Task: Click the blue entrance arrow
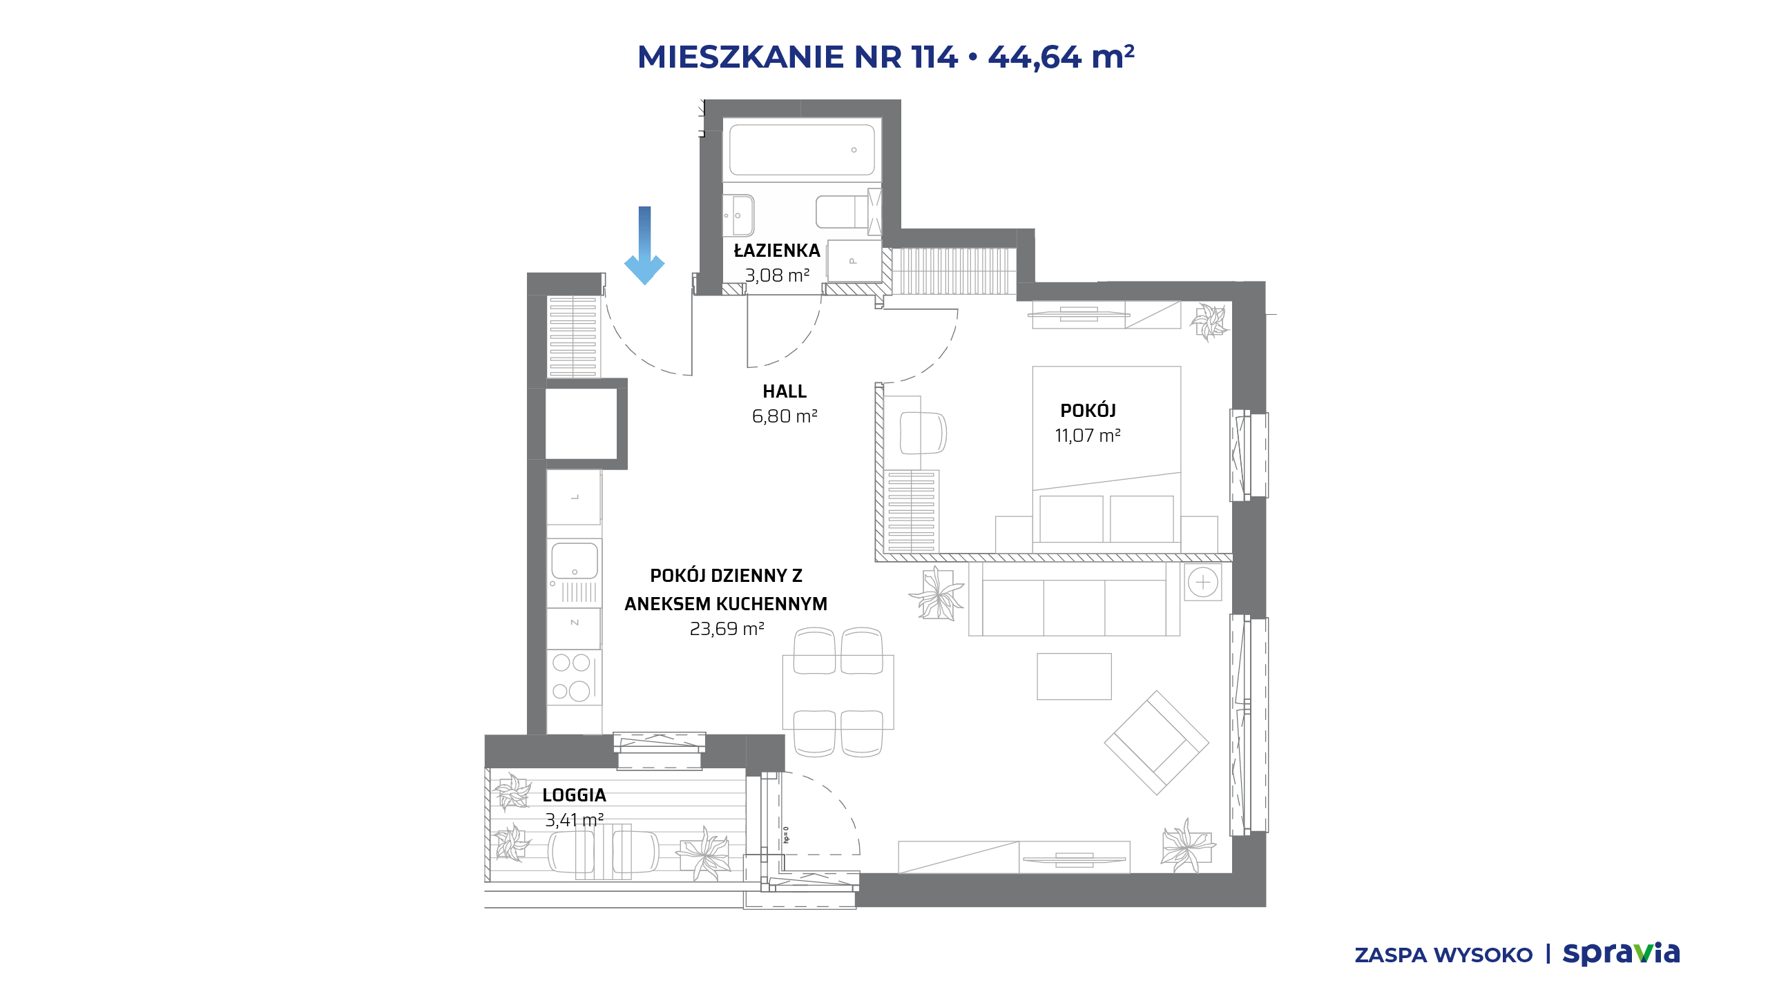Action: click(x=644, y=245)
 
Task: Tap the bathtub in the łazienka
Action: click(x=802, y=150)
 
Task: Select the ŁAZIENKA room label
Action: click(x=777, y=251)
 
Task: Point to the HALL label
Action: click(x=785, y=391)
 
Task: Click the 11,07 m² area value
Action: click(x=1088, y=436)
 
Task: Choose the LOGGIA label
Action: click(x=575, y=795)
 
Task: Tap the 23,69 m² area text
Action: click(x=727, y=629)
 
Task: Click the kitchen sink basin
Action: click(x=575, y=561)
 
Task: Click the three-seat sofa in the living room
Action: click(x=1074, y=599)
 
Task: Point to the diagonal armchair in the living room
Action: click(x=1157, y=743)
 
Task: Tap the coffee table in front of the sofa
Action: click(x=1074, y=676)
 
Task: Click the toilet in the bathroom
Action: click(x=843, y=212)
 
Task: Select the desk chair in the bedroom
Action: click(x=923, y=433)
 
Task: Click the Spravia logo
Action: click(x=1621, y=955)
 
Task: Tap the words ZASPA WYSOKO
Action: click(x=1443, y=955)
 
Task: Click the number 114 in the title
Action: click(x=934, y=57)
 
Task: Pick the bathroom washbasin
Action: click(x=739, y=215)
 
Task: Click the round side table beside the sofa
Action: click(x=1203, y=582)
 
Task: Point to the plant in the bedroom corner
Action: click(x=1209, y=322)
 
